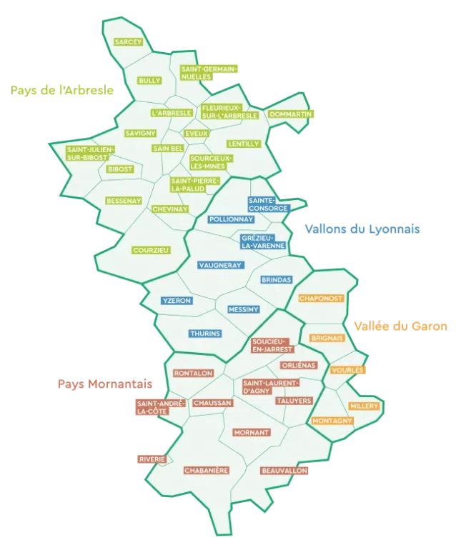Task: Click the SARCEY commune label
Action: [129, 42]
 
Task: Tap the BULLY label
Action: [150, 81]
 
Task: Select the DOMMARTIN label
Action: [290, 114]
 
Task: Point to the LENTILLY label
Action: [244, 144]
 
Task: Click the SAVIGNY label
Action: [140, 134]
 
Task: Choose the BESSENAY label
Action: [124, 201]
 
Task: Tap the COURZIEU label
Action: [151, 250]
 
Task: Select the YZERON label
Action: [177, 301]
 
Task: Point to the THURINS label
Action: [205, 334]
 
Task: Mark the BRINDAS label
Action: [277, 280]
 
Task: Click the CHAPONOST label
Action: [321, 298]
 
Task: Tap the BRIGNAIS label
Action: [327, 338]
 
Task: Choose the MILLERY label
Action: [364, 406]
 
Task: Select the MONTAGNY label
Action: [332, 420]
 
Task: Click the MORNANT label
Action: [252, 432]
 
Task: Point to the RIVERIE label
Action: [152, 459]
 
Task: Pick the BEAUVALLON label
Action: [284, 471]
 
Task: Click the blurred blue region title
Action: [362, 229]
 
